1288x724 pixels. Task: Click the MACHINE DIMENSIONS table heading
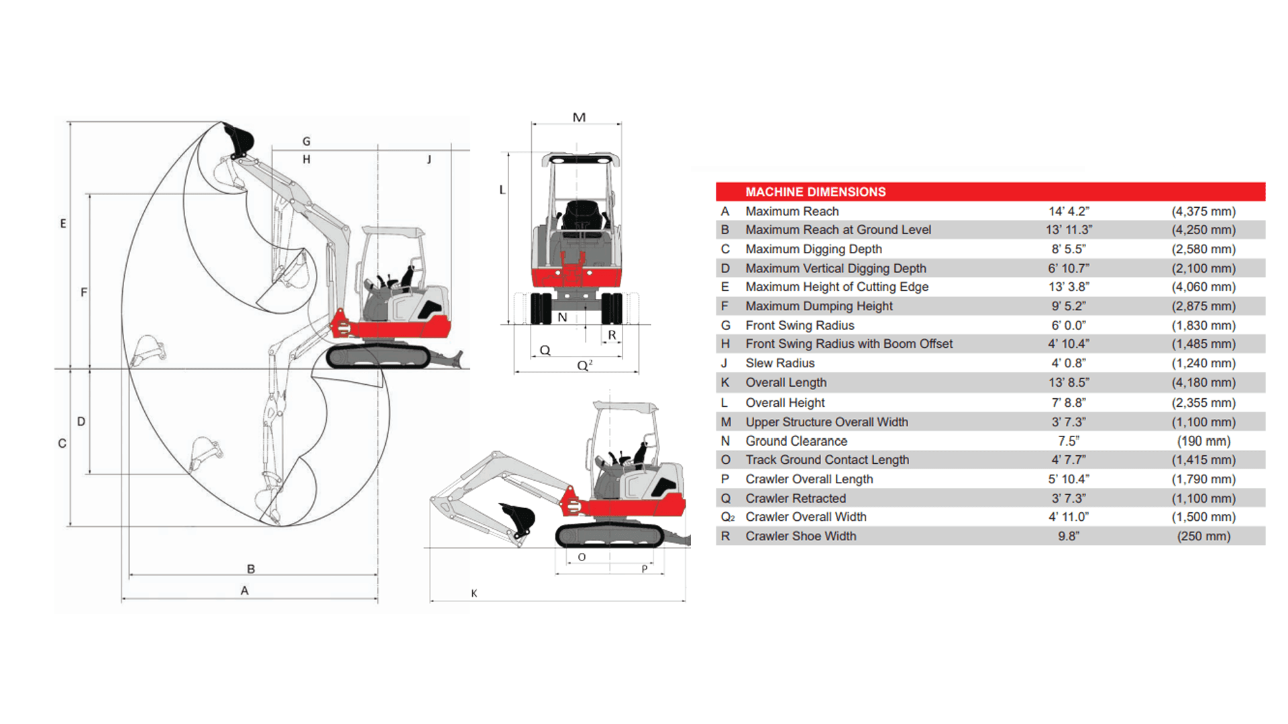pos(815,192)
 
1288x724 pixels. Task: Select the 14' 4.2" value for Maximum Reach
pos(1069,211)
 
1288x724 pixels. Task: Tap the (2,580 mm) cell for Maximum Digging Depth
pos(1203,249)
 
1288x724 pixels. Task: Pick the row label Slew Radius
pos(780,363)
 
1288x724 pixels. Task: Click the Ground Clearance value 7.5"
pos(1069,441)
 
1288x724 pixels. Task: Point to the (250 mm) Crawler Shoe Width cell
pos(1203,536)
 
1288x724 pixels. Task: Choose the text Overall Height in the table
pos(785,402)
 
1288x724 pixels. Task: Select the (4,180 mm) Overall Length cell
pos(1203,382)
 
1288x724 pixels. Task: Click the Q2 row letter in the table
pos(727,517)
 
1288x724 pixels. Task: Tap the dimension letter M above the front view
pos(579,117)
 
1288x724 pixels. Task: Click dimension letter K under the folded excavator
pos(474,593)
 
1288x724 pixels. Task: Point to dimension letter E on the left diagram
pos(63,223)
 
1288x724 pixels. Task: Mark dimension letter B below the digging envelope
pos(251,568)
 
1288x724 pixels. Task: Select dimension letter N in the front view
pos(562,318)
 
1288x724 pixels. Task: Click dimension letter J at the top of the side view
pos(429,160)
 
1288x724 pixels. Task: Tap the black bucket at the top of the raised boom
pos(239,139)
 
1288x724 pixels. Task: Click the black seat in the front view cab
pos(578,214)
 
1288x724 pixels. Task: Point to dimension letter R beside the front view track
pos(612,335)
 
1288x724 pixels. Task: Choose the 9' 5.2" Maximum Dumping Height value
pos(1069,306)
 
